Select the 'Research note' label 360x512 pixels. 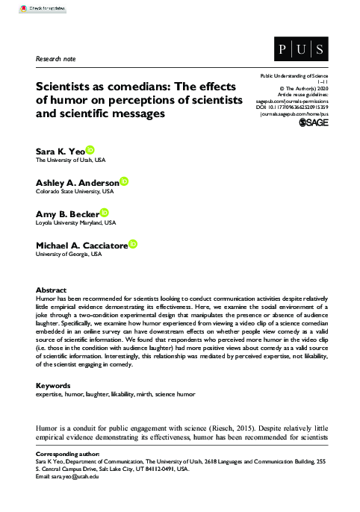(x=55, y=57)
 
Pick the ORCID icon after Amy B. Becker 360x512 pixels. (x=105, y=212)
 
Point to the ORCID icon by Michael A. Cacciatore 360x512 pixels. (x=133, y=244)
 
